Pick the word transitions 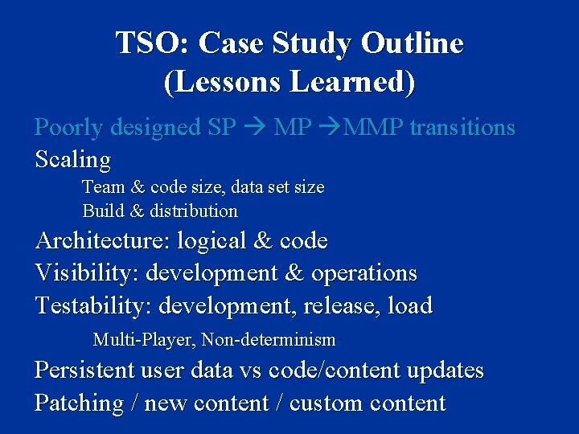coord(462,128)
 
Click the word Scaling coord(72,160)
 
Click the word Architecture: coord(102,241)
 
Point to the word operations coord(364,274)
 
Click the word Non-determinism coord(269,340)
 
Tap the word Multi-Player coord(144,340)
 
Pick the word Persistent coord(86,371)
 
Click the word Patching coord(79,403)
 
